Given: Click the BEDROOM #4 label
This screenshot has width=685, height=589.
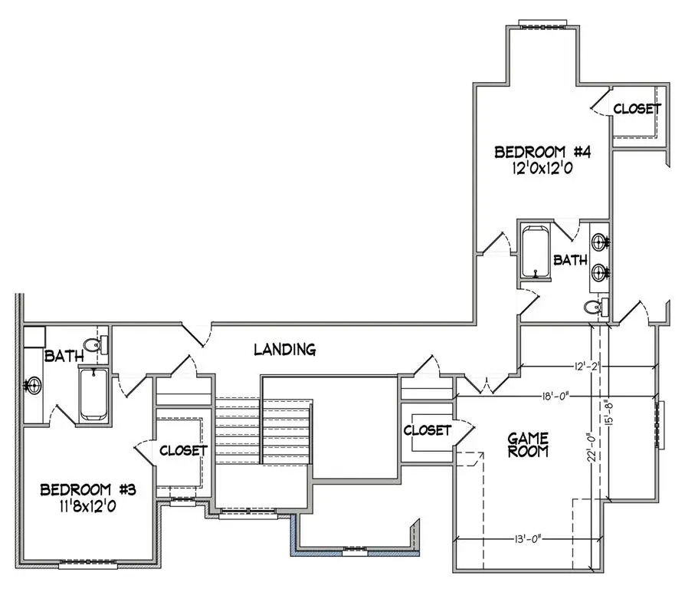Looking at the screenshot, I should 541,151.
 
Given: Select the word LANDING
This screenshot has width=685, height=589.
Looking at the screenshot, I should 284,350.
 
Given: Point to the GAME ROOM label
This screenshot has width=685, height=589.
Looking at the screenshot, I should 529,445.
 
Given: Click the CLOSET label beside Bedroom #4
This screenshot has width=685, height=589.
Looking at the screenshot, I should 636,109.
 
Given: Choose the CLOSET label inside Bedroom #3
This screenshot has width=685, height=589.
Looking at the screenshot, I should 183,450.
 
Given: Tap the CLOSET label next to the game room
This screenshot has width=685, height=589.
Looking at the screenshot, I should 427,430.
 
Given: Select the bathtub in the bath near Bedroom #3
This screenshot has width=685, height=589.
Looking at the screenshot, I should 95,393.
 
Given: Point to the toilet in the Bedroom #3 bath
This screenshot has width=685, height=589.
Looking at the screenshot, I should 93,344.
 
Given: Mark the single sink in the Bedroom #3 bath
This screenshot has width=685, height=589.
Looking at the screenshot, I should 33,384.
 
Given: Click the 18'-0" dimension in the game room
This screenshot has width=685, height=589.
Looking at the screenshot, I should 552,397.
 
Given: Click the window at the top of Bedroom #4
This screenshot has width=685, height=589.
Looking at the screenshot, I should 542,22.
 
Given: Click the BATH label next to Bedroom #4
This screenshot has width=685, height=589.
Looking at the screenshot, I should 570,261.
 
